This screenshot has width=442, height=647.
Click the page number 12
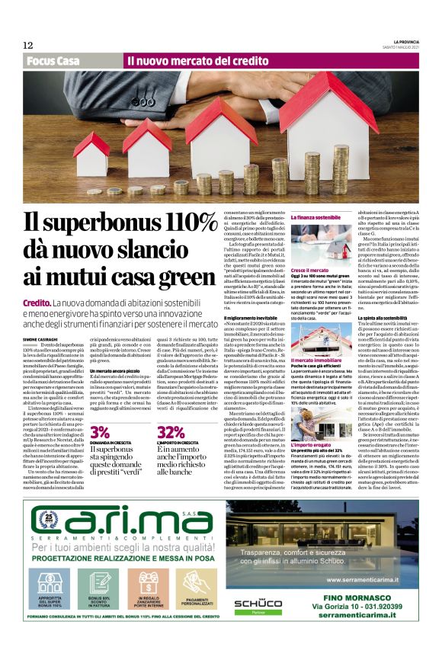point(27,45)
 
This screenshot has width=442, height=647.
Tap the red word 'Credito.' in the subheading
point(39,303)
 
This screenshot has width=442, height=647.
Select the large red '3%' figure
point(100,432)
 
